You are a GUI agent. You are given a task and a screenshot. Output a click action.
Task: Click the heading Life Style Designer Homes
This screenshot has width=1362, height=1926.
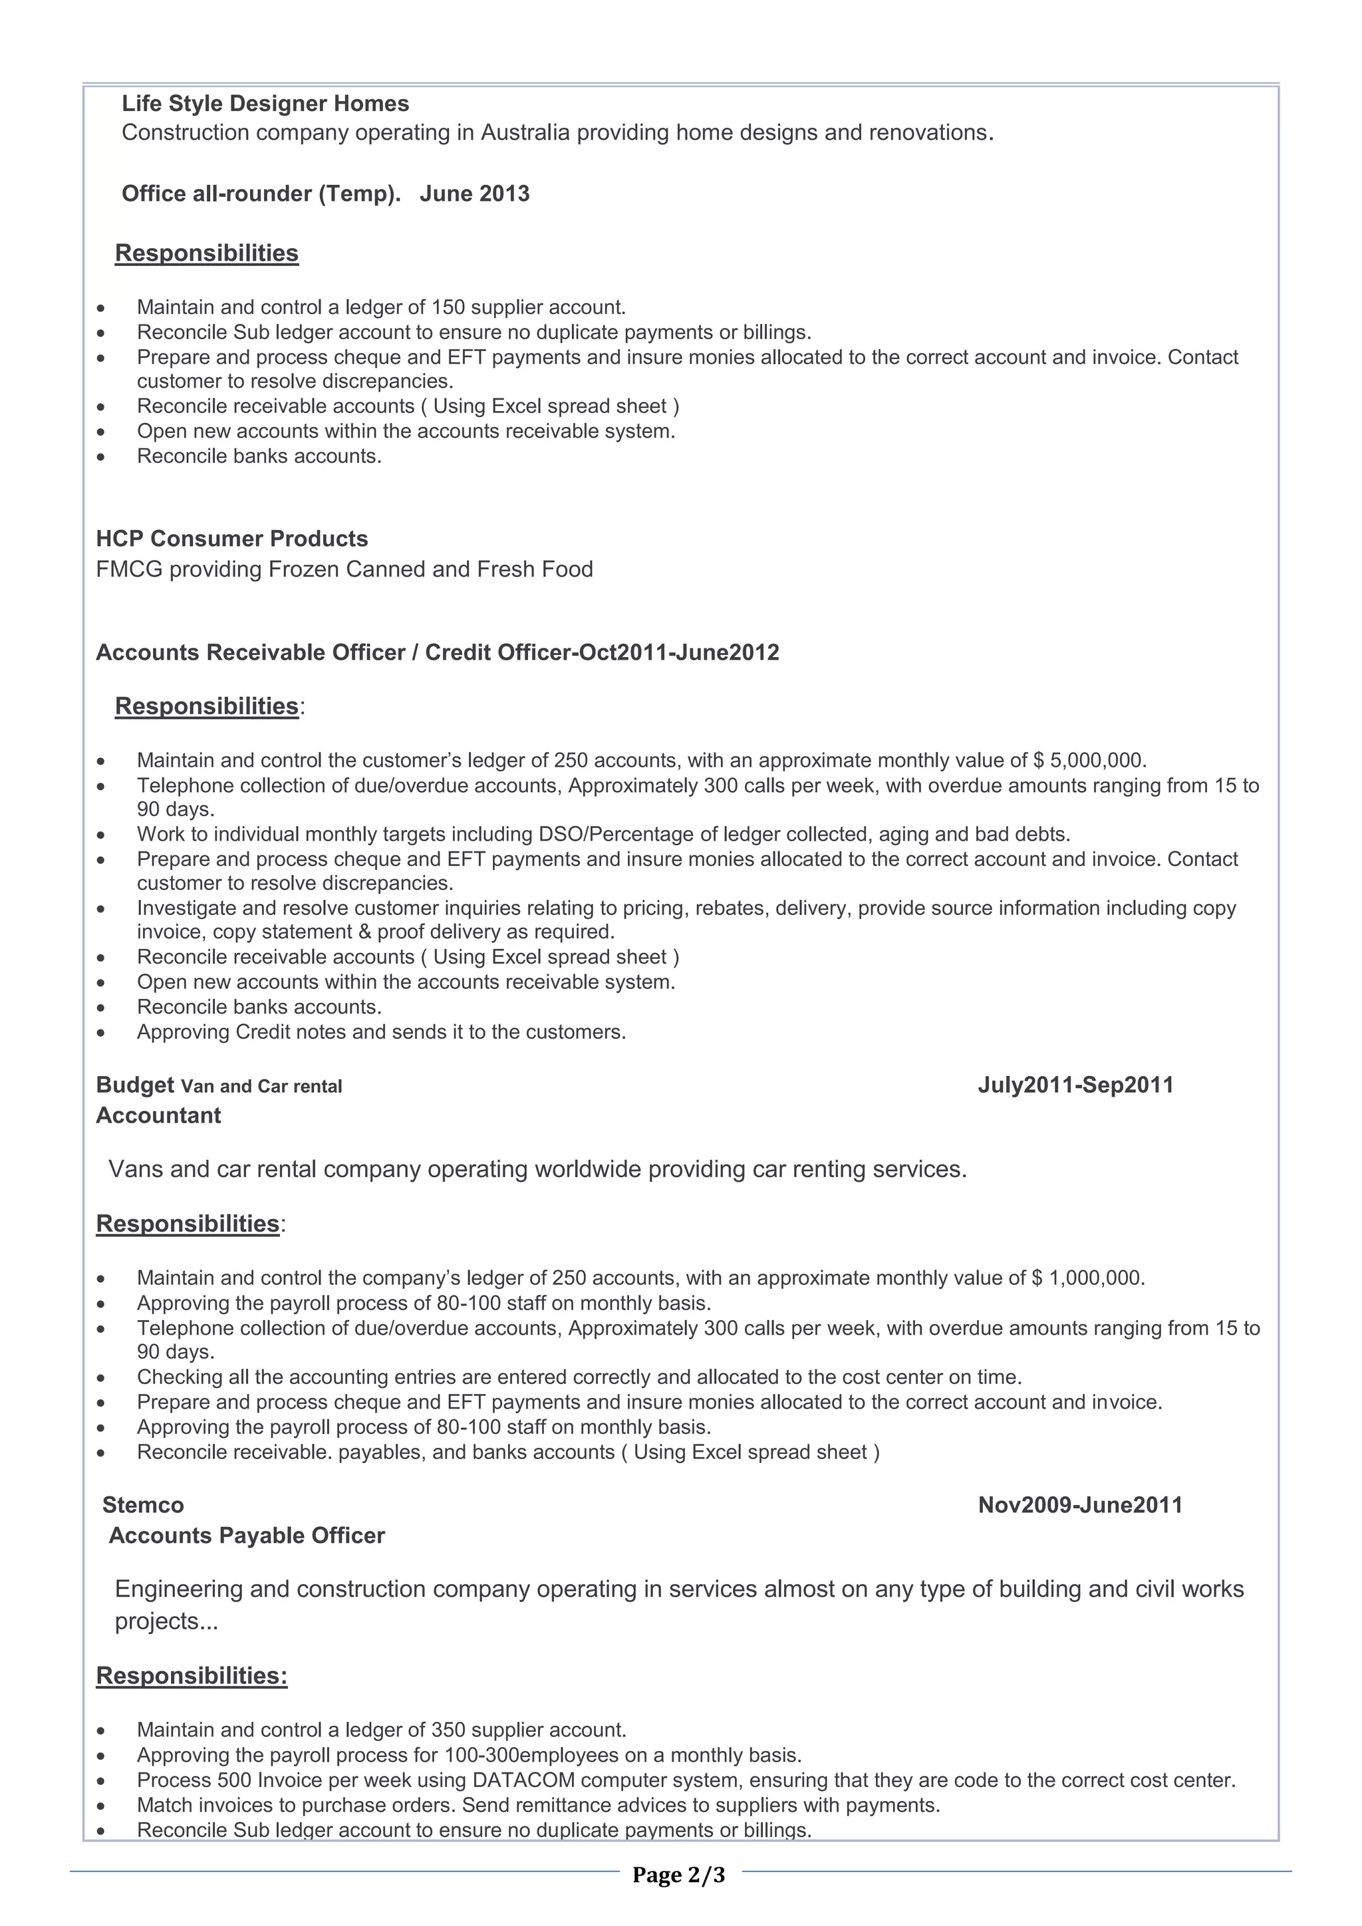[x=265, y=103]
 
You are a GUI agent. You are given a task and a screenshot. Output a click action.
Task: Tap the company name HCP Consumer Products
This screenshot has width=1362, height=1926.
[x=231, y=539]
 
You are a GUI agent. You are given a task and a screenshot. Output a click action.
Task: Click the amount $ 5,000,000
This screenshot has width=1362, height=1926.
[x=1089, y=761]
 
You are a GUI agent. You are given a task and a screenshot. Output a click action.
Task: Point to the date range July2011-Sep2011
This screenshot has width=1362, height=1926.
[x=1075, y=1085]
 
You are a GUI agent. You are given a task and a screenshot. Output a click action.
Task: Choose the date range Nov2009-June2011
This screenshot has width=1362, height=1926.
[x=1080, y=1505]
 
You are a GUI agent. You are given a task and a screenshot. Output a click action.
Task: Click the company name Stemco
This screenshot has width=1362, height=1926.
[x=144, y=1505]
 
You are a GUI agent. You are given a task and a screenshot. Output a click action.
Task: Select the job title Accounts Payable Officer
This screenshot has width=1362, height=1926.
[x=247, y=1536]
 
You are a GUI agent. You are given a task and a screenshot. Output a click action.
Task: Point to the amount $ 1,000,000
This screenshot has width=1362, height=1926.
[x=1088, y=1278]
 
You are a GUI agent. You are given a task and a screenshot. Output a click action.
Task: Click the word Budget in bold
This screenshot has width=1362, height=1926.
[x=135, y=1085]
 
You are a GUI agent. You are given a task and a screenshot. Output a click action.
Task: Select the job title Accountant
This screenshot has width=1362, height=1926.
[x=158, y=1116]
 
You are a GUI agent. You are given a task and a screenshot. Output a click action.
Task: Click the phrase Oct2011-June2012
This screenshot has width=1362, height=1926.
[x=679, y=652]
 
